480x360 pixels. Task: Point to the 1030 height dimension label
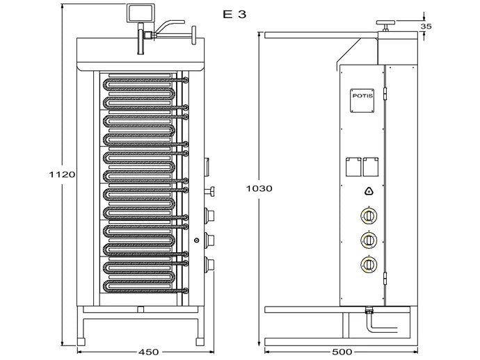click(x=259, y=188)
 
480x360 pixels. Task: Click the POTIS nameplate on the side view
click(x=362, y=97)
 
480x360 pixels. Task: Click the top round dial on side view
click(x=368, y=217)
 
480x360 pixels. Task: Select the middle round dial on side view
click(x=368, y=240)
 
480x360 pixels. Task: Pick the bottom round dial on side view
click(x=368, y=264)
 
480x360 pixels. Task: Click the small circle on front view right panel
click(x=198, y=240)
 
